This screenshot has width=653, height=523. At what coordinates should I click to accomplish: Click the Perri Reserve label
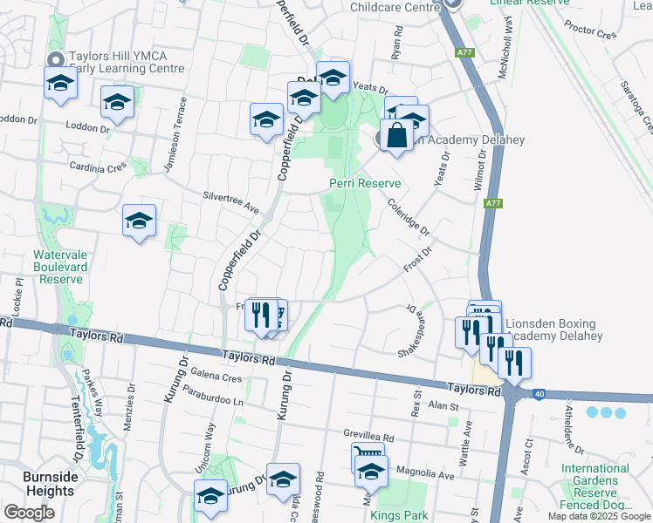pos(365,183)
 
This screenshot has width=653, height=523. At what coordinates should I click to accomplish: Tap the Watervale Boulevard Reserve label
pos(58,268)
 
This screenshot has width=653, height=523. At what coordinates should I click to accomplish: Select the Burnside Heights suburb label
pos(50,484)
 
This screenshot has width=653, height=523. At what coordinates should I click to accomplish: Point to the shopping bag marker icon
pos(396,136)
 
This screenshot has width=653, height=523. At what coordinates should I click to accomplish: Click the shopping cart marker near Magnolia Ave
pos(368,456)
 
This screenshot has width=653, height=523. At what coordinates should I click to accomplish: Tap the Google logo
pos(29,513)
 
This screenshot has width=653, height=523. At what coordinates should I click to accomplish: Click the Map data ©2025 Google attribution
pos(598,516)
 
